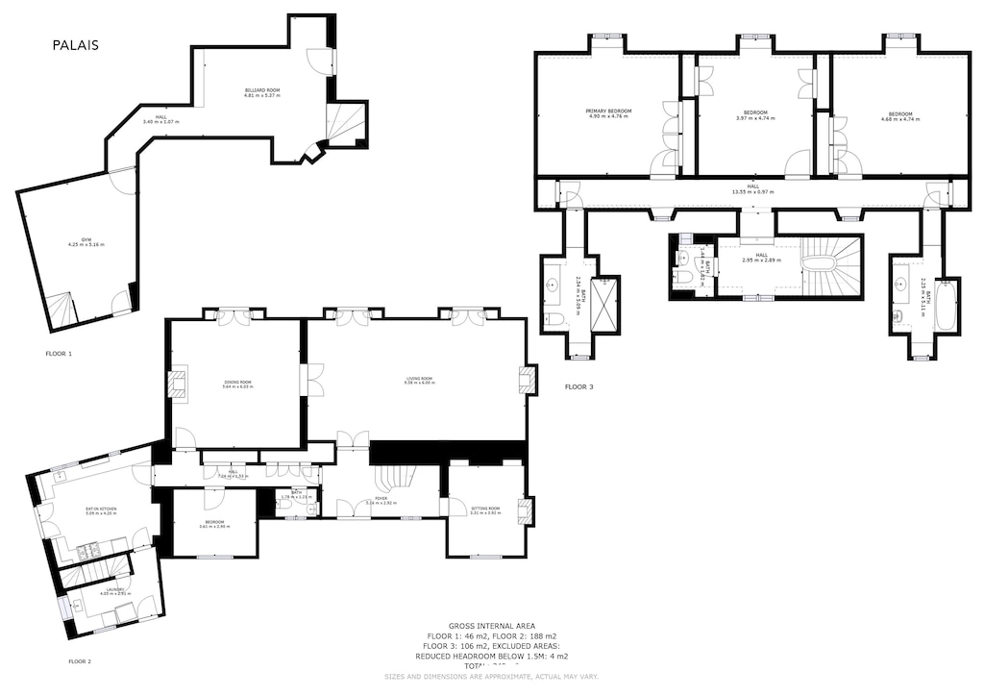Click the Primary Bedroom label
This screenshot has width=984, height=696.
click(x=608, y=112)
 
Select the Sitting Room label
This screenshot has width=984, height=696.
click(x=484, y=510)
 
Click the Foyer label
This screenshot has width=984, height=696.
click(x=381, y=501)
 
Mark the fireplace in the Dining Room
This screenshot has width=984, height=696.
click(x=178, y=384)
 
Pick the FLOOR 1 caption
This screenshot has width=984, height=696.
click(x=59, y=354)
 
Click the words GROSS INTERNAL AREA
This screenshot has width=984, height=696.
click(x=491, y=626)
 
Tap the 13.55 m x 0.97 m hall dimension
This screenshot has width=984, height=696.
click(x=752, y=192)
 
